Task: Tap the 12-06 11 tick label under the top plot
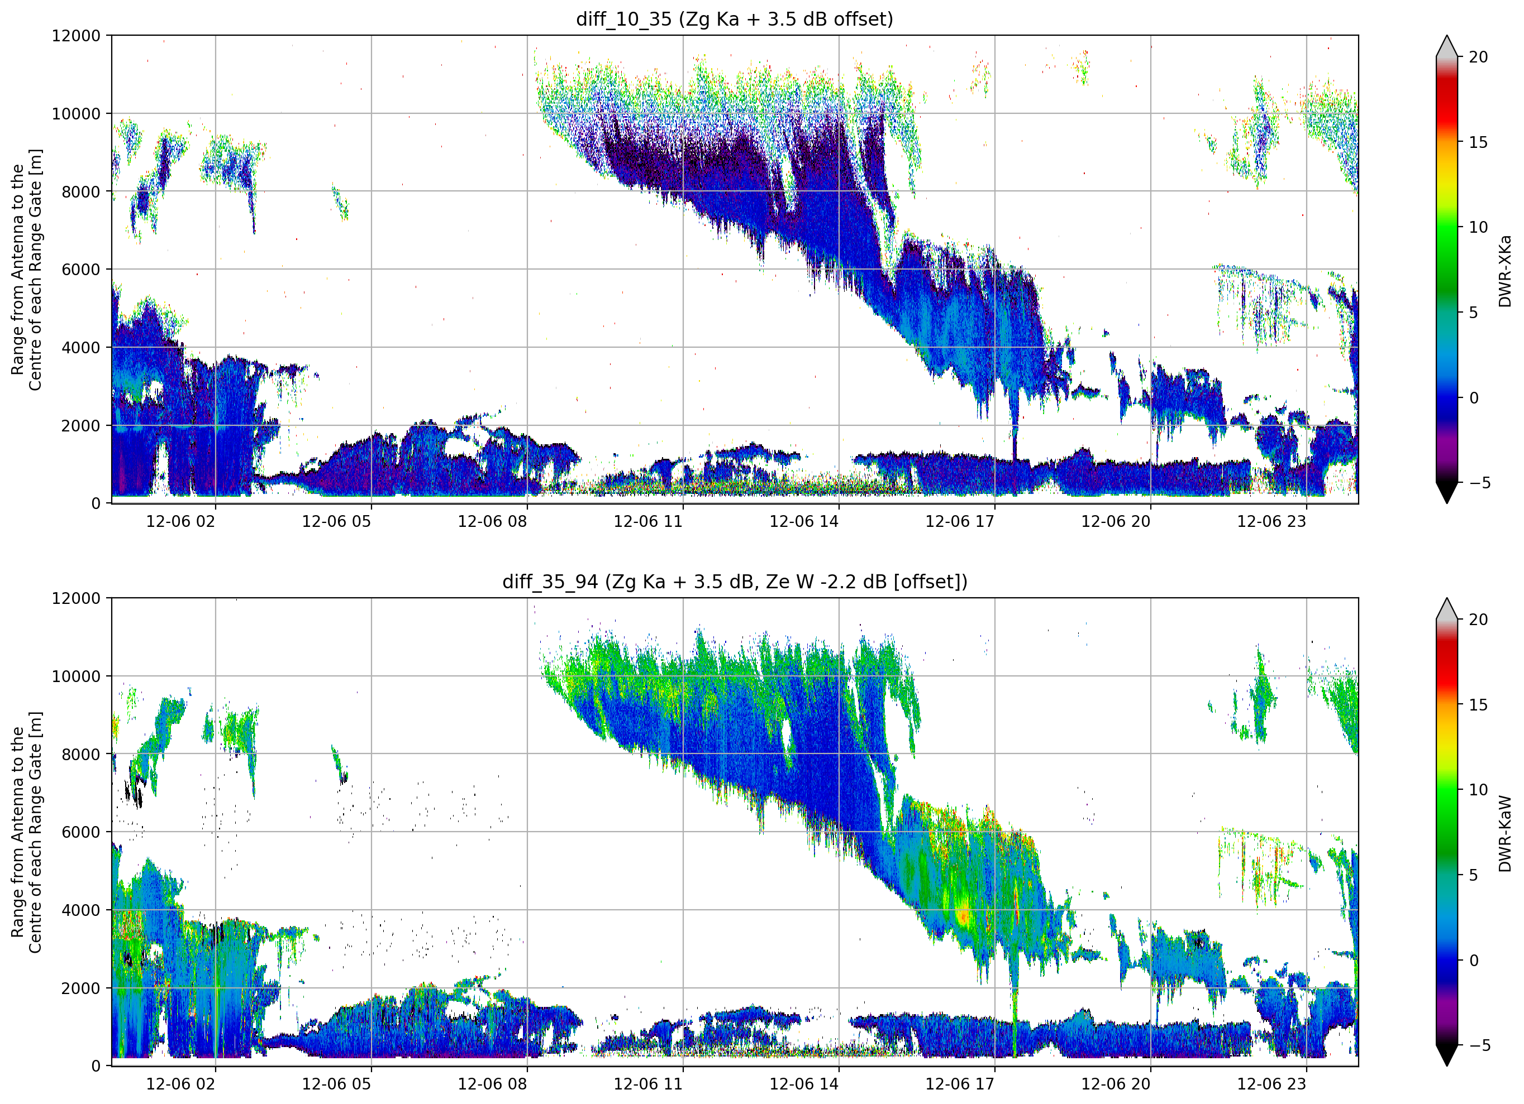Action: [648, 521]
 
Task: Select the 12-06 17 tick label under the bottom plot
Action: [960, 1084]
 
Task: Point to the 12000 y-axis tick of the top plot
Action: [76, 36]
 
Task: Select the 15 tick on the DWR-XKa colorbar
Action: [1478, 142]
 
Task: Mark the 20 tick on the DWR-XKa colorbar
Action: [1478, 57]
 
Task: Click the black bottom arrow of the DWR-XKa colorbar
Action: [1447, 492]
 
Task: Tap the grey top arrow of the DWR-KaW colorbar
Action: [1447, 608]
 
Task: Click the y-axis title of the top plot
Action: [26, 269]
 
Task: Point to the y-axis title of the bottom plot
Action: [26, 832]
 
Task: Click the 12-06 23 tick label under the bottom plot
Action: [1271, 1084]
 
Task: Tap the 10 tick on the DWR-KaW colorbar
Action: [1478, 790]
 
